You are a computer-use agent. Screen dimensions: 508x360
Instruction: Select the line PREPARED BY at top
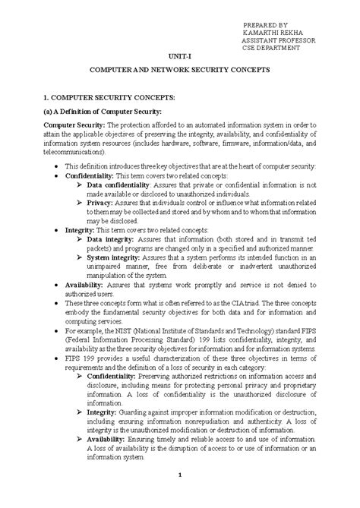pyautogui.click(x=265, y=24)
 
